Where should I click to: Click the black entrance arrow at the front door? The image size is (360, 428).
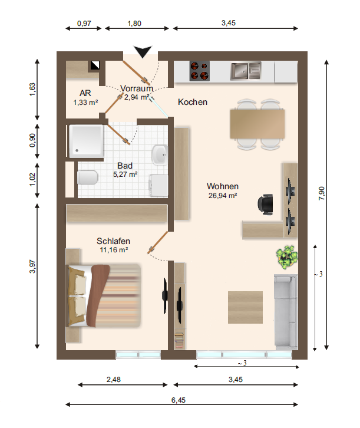coord(143,51)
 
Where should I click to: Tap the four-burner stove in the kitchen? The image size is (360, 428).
coord(200,71)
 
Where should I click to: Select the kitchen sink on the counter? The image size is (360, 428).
coord(246,71)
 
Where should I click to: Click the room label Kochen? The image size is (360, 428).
coord(193,102)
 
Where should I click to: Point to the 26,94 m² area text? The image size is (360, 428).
coord(223,196)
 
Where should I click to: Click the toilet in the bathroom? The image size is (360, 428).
coord(87,177)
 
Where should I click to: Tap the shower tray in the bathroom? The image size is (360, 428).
coord(86,141)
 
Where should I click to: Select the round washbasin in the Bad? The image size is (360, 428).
coord(160,155)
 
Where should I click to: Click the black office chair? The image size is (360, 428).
coord(265,203)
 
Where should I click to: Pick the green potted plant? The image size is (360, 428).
coord(286,257)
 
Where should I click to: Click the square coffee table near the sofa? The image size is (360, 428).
coord(245,307)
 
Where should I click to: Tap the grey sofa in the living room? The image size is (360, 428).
coord(286,312)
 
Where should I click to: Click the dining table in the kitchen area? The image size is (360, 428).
coord(257,124)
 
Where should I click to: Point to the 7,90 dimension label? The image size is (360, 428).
coord(322,193)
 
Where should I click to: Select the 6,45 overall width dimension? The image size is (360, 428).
coord(179,400)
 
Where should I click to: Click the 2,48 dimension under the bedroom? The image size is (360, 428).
coord(114,380)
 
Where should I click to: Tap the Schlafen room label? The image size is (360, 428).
coord(114,241)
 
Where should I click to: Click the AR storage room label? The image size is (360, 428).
coord(85,93)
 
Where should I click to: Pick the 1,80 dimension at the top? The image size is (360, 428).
coord(134,24)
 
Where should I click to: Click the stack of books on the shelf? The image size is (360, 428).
coord(179,340)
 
